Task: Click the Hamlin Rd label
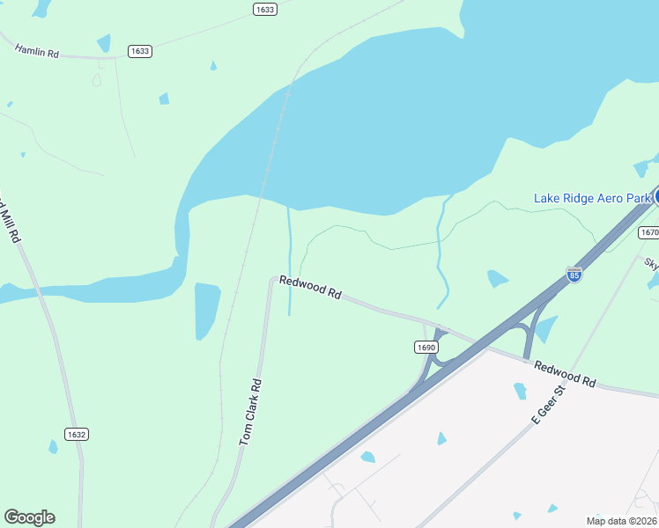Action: [36, 50]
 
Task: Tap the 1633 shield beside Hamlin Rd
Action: [139, 51]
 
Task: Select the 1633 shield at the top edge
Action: [264, 9]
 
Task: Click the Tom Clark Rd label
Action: [251, 411]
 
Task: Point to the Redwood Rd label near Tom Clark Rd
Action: [309, 287]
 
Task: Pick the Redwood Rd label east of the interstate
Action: [565, 374]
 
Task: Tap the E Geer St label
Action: [547, 404]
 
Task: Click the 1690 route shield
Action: [426, 348]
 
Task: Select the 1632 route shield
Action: [77, 434]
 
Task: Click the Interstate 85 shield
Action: [574, 275]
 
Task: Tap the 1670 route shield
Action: [649, 232]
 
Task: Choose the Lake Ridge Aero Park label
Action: [592, 198]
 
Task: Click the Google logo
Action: [29, 517]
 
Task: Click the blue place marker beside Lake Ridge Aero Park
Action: [656, 196]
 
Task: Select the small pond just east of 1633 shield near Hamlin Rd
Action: [164, 99]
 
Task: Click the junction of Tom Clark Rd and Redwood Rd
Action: [272, 280]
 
